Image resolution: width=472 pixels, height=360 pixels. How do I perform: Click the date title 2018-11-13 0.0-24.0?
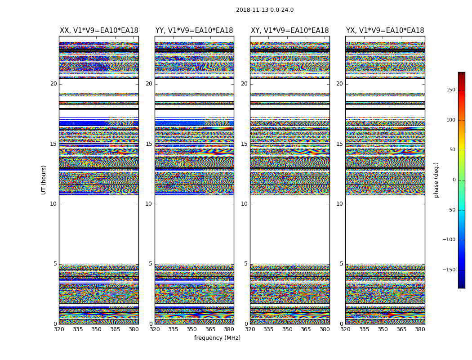tap(265, 10)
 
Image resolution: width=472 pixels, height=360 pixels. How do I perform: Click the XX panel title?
tap(99, 31)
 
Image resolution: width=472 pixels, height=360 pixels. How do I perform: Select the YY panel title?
tap(194, 31)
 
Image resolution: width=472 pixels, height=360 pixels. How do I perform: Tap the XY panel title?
tap(289, 31)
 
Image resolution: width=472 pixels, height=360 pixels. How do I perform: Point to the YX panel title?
tap(385, 31)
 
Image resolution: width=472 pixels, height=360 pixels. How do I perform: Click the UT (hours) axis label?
tap(44, 180)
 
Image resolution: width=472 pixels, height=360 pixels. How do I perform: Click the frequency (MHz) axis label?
tap(217, 338)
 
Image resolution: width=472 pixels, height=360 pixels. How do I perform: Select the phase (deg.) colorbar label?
tap(436, 180)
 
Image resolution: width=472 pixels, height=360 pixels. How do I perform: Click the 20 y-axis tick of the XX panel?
tap(53, 84)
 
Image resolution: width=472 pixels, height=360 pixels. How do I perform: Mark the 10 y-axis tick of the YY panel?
tap(149, 204)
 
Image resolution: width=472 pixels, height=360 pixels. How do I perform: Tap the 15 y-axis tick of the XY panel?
tap(244, 144)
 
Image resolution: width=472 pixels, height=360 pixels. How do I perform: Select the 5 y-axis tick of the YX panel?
tap(341, 264)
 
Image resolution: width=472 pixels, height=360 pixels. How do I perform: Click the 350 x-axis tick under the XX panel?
tap(97, 329)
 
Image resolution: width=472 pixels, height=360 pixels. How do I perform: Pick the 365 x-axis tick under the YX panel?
tap(401, 329)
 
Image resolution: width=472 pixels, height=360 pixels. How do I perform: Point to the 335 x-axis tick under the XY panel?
tap(268, 329)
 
